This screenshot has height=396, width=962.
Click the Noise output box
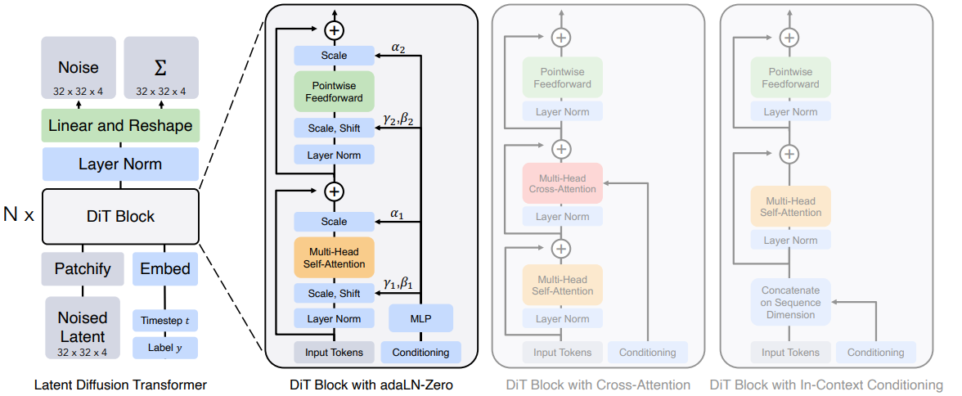coord(79,68)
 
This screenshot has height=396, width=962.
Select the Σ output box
coord(160,68)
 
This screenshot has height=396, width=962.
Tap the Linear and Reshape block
coord(120,126)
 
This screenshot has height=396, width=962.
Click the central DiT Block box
coord(120,216)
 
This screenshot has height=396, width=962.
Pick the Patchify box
coord(83,269)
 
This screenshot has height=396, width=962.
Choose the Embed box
coord(165,269)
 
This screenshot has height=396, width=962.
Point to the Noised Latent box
coord(82,327)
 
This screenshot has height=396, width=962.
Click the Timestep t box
coord(165,321)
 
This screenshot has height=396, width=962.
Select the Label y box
coord(165,348)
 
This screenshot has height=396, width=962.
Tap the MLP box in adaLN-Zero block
coord(420,318)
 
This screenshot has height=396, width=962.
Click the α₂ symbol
coord(398,47)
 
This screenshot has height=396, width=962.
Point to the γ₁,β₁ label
coord(398,283)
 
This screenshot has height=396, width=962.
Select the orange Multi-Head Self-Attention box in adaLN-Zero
coord(334,257)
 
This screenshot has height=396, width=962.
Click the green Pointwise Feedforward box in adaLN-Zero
coord(334,92)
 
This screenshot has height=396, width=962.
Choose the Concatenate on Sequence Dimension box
coord(791,302)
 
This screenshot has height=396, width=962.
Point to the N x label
coord(19,215)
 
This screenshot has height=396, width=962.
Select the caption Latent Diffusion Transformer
coord(120,385)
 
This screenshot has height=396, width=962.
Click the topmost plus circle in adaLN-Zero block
coord(334,29)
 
